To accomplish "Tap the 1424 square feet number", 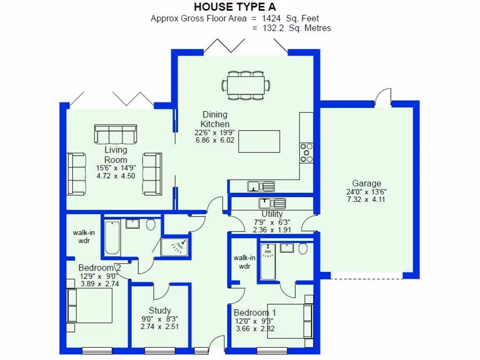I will click(272, 19).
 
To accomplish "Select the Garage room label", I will click(367, 183).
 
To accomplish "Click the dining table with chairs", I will click(246, 85).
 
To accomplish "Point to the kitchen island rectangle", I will click(259, 142).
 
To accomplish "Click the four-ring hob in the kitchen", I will click(307, 152).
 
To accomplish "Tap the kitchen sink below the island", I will click(261, 187).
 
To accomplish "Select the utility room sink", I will click(272, 203).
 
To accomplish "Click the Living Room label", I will click(116, 155).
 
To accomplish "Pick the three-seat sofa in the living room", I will click(115, 134).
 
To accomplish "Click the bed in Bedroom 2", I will click(90, 305).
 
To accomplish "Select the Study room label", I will click(160, 310).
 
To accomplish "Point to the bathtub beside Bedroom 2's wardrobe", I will click(112, 237).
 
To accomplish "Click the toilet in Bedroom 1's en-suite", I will click(303, 248).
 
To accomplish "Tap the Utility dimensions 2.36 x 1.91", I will click(272, 230).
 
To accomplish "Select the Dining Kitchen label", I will click(215, 119).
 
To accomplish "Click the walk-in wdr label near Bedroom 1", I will click(244, 262).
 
